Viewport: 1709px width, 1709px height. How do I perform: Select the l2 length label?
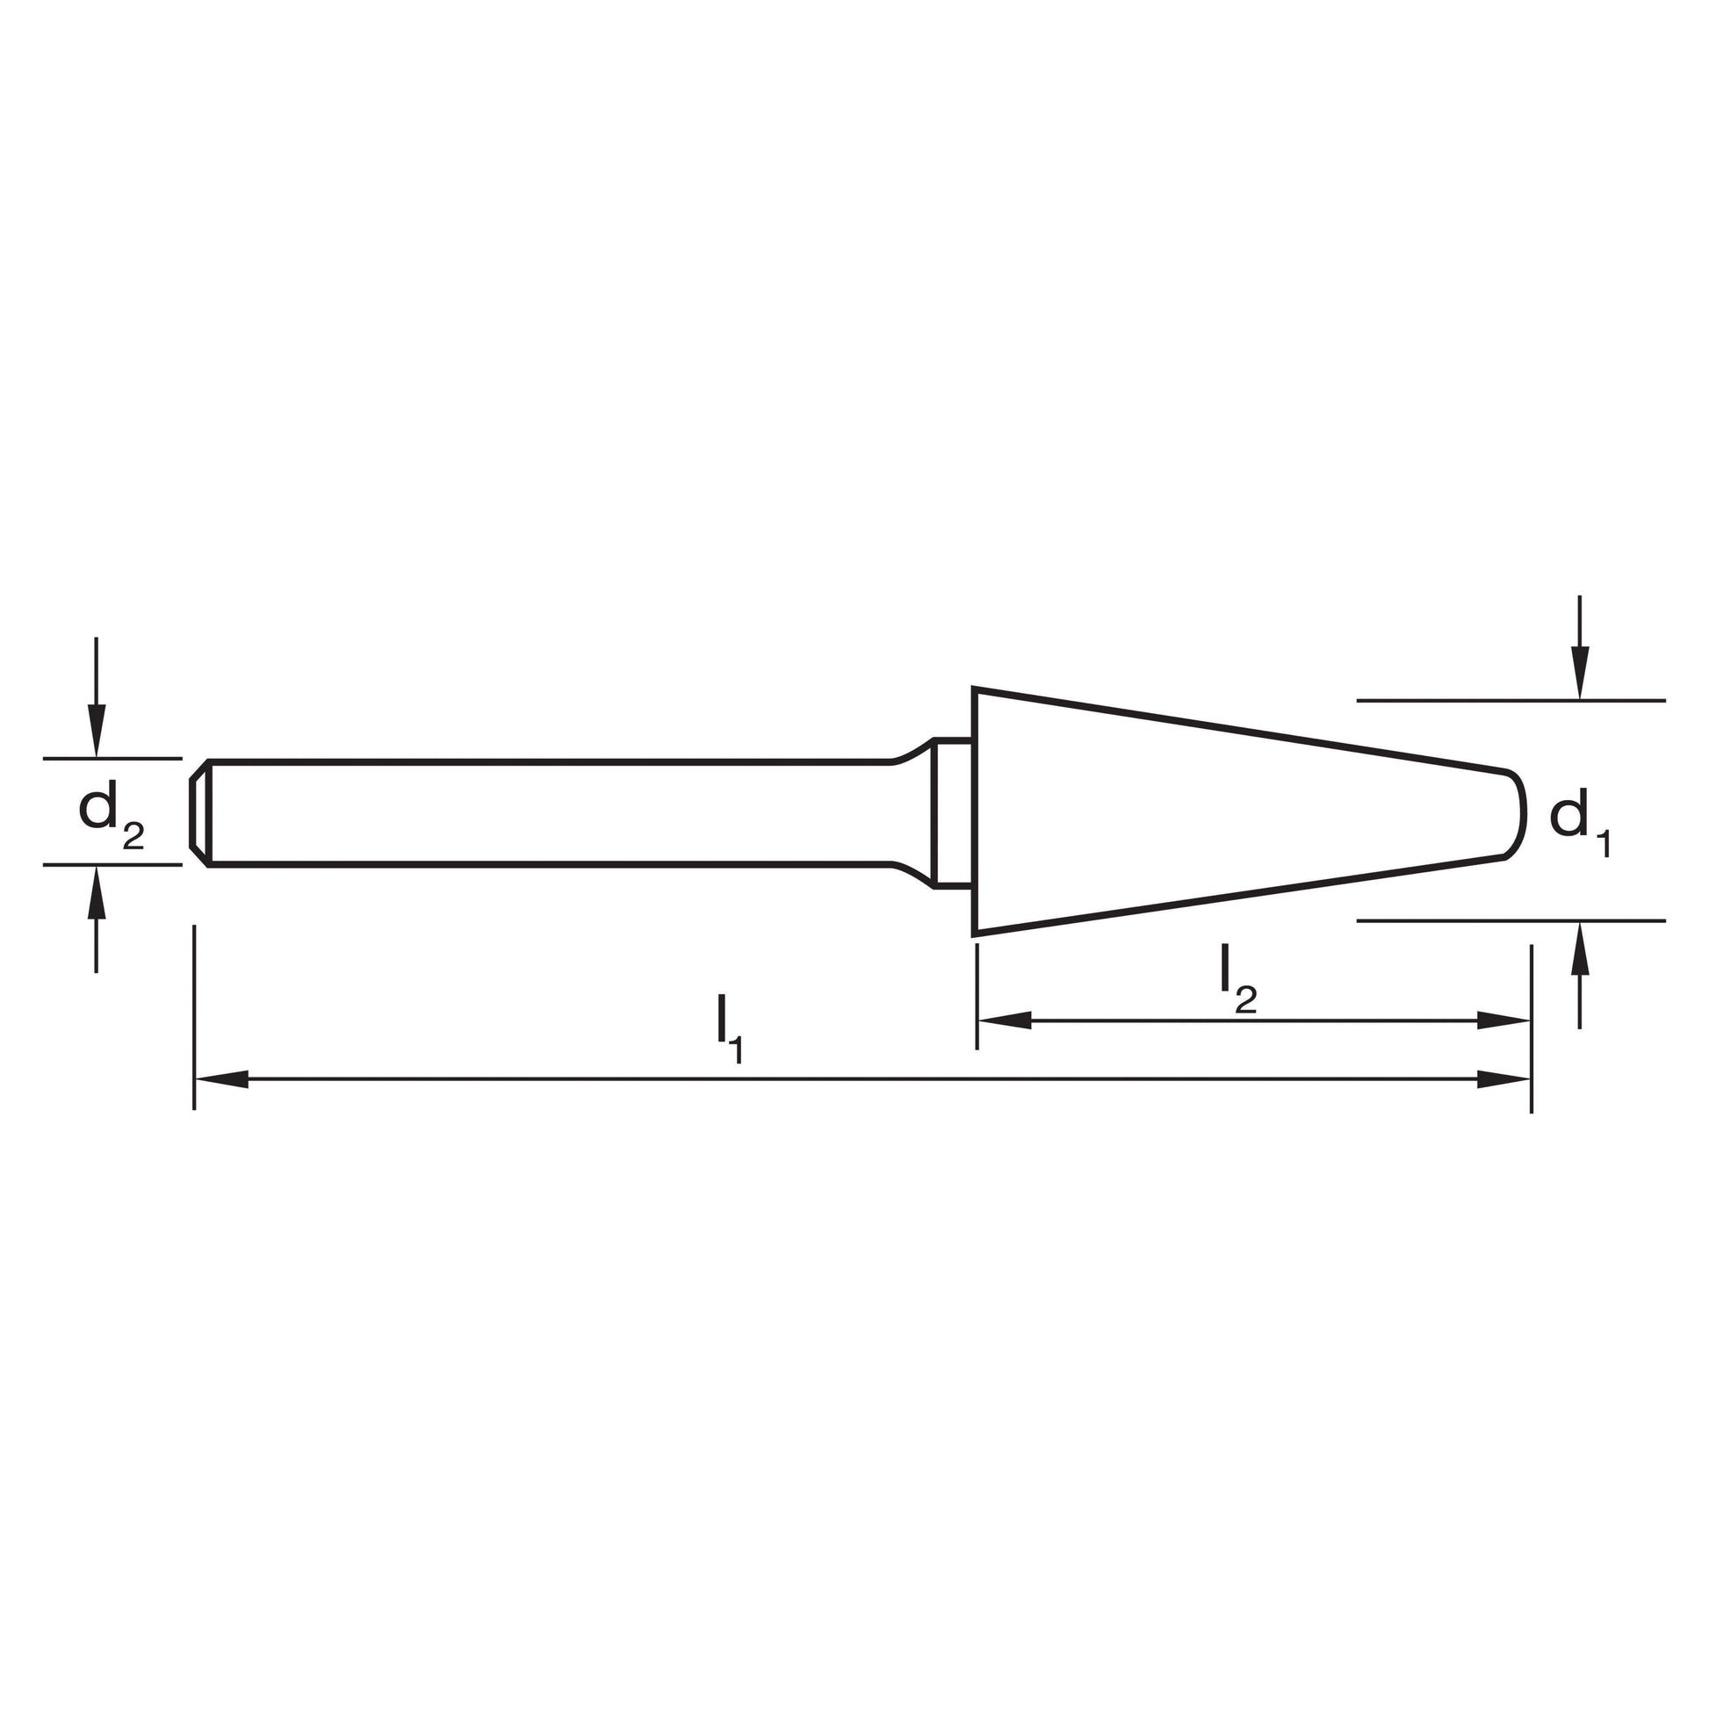(1237, 979)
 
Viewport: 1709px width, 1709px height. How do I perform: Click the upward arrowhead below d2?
(97, 892)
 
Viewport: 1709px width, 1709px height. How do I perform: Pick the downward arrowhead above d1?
(1580, 674)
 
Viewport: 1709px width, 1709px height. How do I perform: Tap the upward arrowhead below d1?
(1580, 948)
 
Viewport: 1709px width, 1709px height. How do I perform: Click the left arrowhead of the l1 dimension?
(222, 1079)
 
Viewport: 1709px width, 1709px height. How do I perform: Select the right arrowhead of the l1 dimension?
(1503, 1079)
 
